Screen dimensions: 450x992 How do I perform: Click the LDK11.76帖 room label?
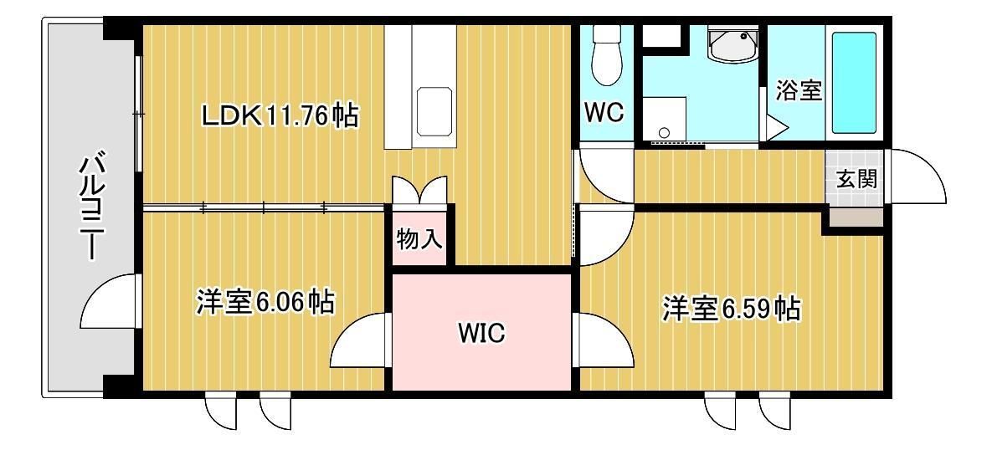coord(280,115)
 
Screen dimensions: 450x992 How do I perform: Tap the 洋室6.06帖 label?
coord(265,301)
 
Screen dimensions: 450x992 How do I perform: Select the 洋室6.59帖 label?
coord(730,309)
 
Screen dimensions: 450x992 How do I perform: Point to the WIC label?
coord(481,334)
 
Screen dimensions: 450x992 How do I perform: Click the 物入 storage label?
coord(419,239)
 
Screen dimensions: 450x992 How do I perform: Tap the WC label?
coord(603,112)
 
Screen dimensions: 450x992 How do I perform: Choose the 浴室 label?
coord(798,90)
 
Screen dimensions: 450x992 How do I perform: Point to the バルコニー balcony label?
coord(89,206)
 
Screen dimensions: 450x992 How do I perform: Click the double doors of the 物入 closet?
coord(419,189)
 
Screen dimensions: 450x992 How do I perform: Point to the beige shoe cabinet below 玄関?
coord(856,217)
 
